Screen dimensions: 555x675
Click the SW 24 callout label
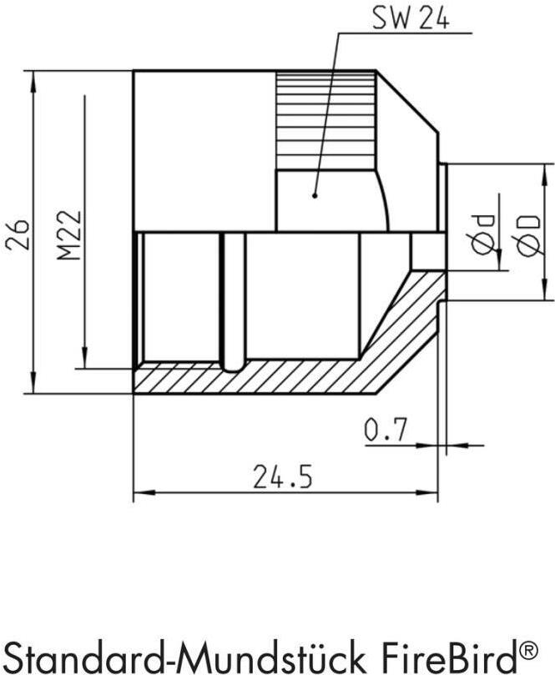click(x=411, y=19)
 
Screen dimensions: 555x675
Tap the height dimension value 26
click(x=18, y=235)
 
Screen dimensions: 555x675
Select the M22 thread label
click(x=69, y=234)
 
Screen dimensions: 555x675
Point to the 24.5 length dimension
click(x=282, y=476)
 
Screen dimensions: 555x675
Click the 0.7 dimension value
click(x=386, y=430)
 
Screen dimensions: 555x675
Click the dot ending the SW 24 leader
click(x=315, y=196)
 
